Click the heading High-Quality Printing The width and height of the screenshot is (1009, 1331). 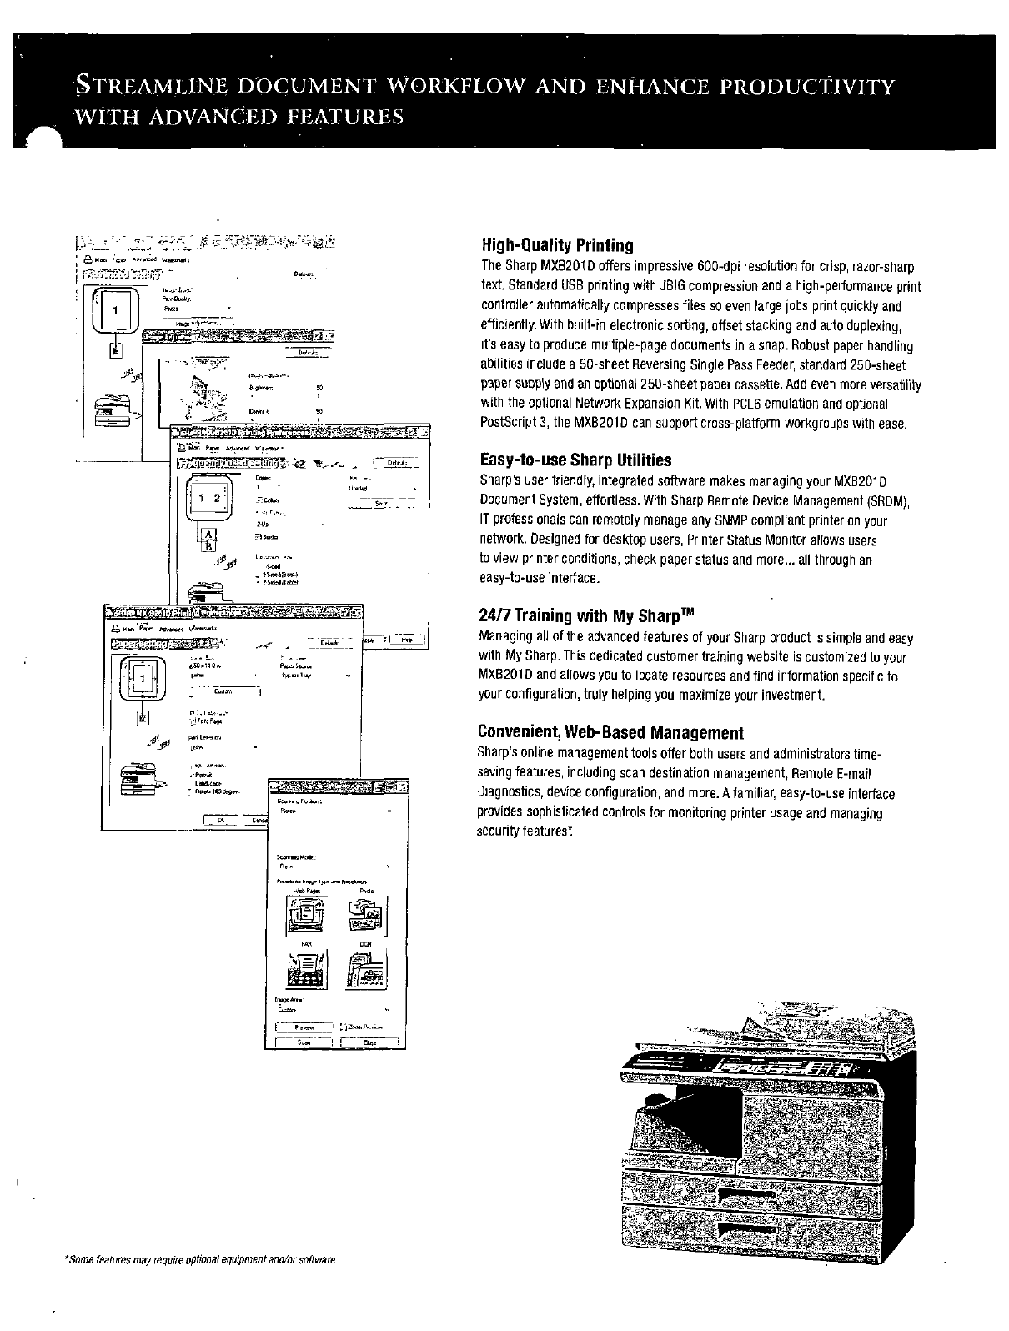(556, 245)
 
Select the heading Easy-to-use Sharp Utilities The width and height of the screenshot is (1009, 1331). (575, 460)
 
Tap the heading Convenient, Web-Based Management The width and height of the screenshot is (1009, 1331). (610, 733)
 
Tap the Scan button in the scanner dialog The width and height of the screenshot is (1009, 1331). (304, 1042)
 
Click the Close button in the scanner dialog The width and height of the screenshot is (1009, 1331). (370, 1042)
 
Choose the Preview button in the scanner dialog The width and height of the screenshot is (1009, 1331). (304, 1027)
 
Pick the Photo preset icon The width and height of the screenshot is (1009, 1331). (366, 917)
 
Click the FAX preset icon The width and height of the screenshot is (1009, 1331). (307, 969)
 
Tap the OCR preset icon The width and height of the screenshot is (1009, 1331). (366, 969)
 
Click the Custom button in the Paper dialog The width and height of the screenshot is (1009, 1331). (223, 691)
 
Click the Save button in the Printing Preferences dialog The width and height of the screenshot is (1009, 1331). (382, 504)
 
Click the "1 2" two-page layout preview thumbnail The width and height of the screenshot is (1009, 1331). (205, 500)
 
